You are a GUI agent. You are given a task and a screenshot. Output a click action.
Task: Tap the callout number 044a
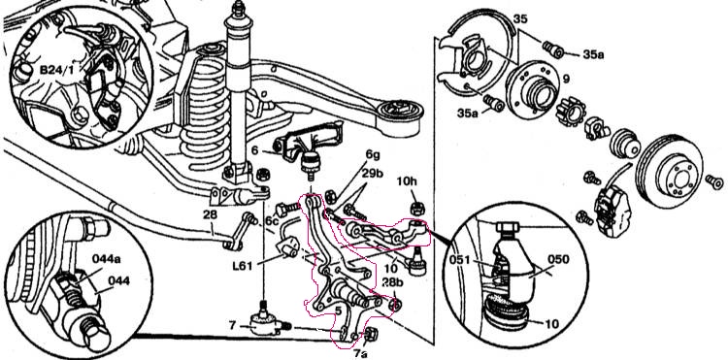(108, 260)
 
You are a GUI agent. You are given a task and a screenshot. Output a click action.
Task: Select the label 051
(460, 261)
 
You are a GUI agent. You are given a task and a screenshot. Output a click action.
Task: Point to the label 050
(557, 259)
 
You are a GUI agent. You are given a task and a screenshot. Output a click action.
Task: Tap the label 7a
(360, 353)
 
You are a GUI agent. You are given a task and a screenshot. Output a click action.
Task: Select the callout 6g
(372, 155)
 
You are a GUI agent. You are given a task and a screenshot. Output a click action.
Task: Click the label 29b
(372, 175)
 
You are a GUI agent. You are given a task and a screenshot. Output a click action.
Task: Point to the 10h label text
(407, 180)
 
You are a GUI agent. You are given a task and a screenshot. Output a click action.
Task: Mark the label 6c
(272, 222)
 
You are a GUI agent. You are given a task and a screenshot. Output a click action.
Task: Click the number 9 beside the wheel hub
(566, 80)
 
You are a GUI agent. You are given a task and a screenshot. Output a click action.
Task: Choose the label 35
(520, 20)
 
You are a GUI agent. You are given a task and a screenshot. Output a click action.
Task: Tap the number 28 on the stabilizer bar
(210, 214)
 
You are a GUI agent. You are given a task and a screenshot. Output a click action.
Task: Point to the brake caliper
(612, 212)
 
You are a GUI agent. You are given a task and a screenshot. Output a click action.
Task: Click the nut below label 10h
(415, 208)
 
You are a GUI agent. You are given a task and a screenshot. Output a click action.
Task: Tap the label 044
(118, 280)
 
